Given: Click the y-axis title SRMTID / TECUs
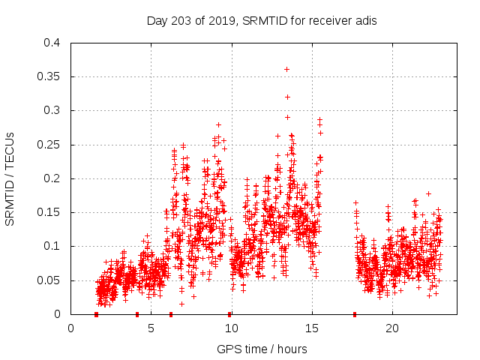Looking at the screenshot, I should pyautogui.click(x=10, y=179).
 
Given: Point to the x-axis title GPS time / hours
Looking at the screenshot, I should pyautogui.click(x=261, y=349).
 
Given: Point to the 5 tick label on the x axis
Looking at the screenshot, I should pyautogui.click(x=151, y=328).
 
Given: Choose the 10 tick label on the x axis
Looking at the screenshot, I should pyautogui.click(x=231, y=328).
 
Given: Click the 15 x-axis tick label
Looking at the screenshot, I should pyautogui.click(x=311, y=328).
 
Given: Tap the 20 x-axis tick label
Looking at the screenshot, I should pyautogui.click(x=391, y=328).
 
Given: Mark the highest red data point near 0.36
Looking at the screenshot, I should pyautogui.click(x=286, y=69).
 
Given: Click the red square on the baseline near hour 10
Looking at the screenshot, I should pyautogui.click(x=229, y=314).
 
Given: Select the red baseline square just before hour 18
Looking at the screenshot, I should pyautogui.click(x=355, y=314).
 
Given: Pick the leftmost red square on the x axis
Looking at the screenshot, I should pyautogui.click(x=96, y=314).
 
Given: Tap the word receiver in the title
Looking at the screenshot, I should pyautogui.click(x=325, y=20).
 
